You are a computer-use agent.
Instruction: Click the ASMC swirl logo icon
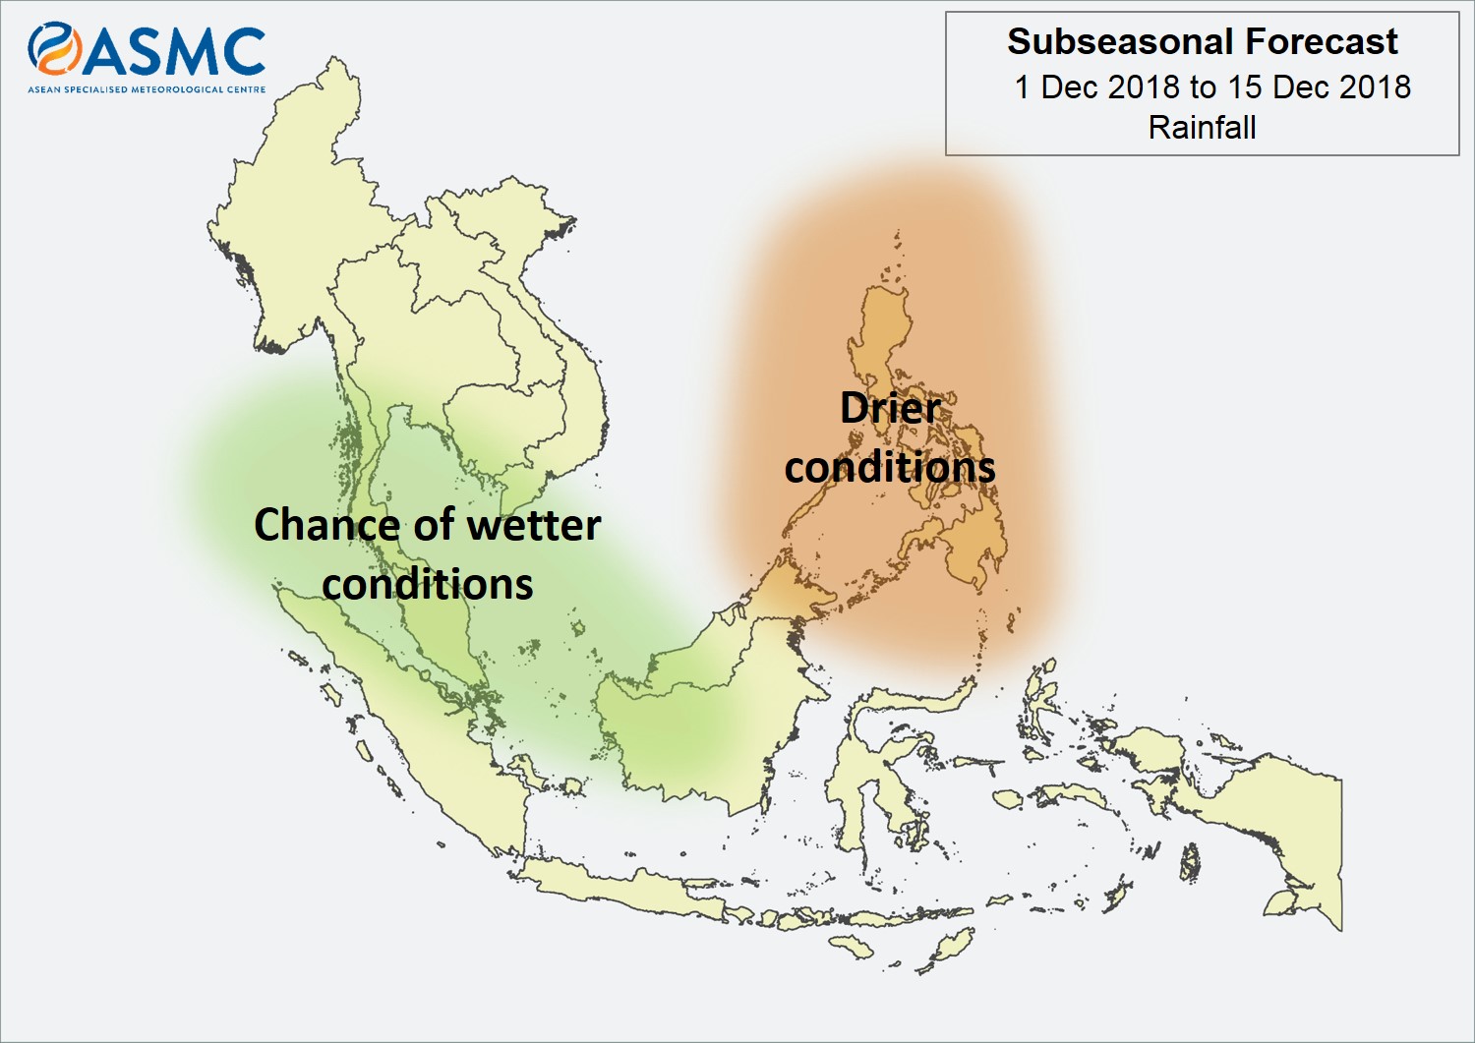tap(54, 48)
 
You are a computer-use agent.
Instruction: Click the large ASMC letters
tap(174, 52)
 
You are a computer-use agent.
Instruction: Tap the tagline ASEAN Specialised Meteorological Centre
tap(147, 88)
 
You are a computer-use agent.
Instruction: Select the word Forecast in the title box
tap(1322, 41)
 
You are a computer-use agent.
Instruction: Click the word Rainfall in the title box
tap(1203, 127)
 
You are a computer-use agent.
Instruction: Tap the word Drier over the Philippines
tap(890, 408)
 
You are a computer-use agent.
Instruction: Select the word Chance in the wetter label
tap(325, 525)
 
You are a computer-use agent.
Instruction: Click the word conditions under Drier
tap(890, 467)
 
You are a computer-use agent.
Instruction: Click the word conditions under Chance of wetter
tap(428, 584)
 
